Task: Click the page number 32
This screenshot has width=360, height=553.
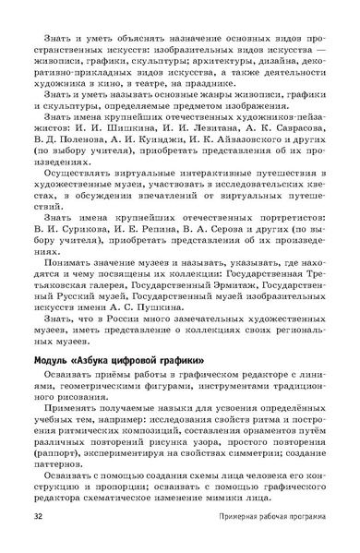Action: (38, 515)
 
